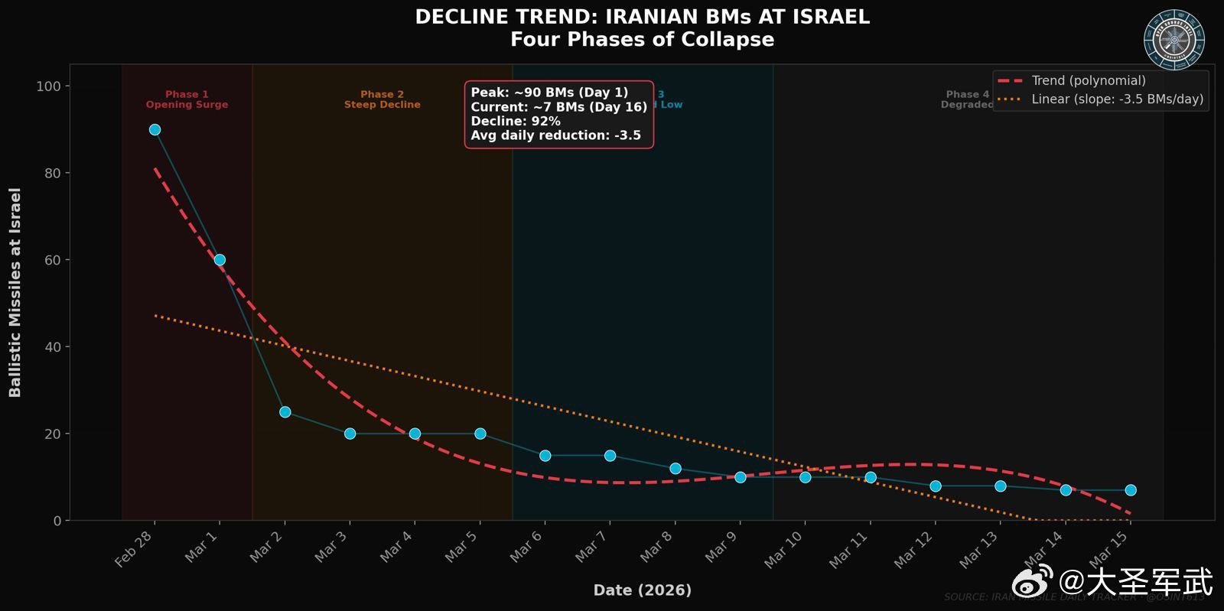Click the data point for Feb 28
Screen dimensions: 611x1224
pos(155,130)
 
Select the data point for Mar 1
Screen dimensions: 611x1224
pos(220,260)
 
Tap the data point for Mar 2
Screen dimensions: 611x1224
pos(285,412)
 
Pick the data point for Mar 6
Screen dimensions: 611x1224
pos(545,456)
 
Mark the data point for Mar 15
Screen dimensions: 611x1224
pos(1131,490)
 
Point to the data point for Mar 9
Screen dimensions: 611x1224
pos(740,477)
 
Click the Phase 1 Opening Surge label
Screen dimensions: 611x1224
pos(187,99)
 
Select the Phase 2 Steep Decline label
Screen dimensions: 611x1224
pos(382,99)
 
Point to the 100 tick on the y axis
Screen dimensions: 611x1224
pos(48,86)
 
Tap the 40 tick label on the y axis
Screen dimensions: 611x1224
pos(52,347)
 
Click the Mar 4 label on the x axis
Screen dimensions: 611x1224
pos(396,547)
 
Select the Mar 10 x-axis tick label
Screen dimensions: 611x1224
pos(783,549)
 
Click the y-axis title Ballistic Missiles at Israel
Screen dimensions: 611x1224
pos(15,292)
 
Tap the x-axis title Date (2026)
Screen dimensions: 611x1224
pos(642,590)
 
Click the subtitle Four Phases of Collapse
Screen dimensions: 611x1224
pos(642,40)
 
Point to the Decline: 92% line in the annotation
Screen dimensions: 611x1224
pos(516,121)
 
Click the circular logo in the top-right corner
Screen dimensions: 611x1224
pos(1174,39)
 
